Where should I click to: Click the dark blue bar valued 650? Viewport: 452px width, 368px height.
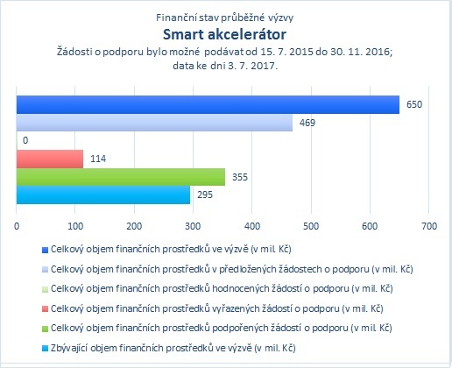[208, 104]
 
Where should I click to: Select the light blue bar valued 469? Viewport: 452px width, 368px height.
[154, 123]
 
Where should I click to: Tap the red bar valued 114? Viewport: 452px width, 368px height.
[50, 159]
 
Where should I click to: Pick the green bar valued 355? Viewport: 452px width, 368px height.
[121, 177]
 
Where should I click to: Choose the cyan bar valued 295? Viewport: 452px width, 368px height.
[103, 195]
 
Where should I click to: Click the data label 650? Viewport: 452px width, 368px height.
[414, 104]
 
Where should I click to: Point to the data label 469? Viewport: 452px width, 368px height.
[307, 123]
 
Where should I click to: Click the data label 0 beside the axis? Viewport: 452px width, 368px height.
[25, 141]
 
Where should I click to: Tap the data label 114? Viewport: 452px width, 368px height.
[98, 159]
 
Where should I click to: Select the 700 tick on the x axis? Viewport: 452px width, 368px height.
[429, 226]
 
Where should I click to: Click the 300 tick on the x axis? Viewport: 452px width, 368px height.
[193, 226]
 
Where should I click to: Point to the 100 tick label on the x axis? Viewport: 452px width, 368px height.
[75, 226]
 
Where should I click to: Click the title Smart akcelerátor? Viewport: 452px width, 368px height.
[224, 34]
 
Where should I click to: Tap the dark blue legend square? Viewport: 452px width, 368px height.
[45, 251]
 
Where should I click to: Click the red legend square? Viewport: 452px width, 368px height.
[45, 309]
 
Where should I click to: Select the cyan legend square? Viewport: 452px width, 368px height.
[45, 349]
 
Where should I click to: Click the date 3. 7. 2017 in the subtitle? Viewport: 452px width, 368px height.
[251, 66]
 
